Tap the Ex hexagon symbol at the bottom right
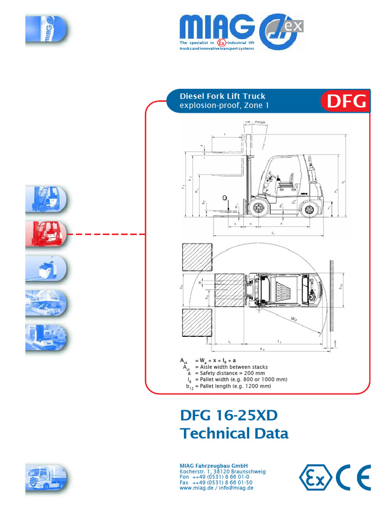coord(315,477)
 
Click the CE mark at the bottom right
coord(353,477)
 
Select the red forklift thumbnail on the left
coord(46,234)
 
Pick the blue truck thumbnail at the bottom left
coord(46,477)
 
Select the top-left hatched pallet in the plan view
coord(196,257)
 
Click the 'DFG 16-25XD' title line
coord(228,416)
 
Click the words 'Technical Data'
coord(234,433)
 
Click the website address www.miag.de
coord(195,487)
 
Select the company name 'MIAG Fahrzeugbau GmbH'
coord(214,466)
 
